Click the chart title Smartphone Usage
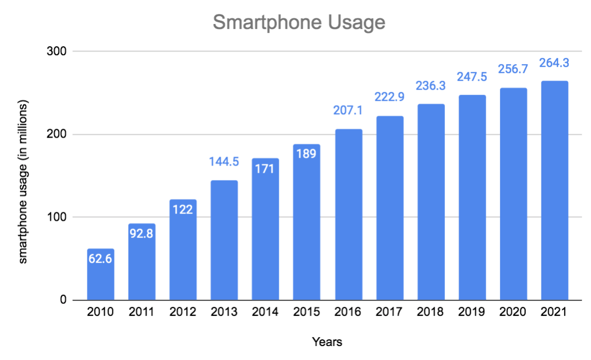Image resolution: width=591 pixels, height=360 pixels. (x=299, y=22)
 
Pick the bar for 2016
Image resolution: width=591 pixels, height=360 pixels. (x=348, y=215)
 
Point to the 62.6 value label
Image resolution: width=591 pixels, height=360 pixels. (x=100, y=259)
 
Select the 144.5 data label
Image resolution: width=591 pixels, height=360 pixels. (x=224, y=163)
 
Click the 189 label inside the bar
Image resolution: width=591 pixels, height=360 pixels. (x=307, y=154)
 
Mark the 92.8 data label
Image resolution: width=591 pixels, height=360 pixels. (x=142, y=233)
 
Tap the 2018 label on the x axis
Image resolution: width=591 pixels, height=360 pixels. (x=430, y=312)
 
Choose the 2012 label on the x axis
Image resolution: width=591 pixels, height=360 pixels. (x=183, y=312)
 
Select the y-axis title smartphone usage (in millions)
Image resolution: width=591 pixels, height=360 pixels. (x=23, y=182)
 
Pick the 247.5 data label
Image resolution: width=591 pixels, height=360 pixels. (x=472, y=77)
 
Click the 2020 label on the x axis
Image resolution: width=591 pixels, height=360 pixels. (x=513, y=312)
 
